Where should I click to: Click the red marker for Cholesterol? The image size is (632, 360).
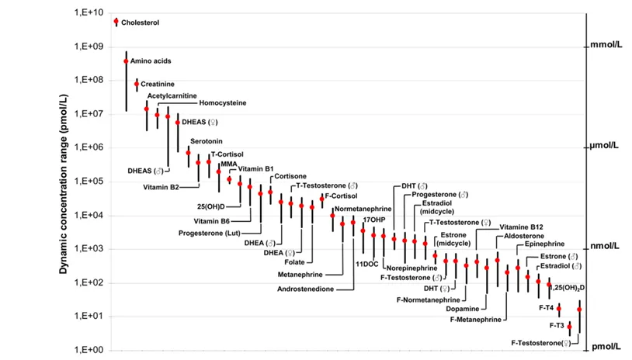[x=116, y=22]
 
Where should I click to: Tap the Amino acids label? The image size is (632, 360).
[x=151, y=61]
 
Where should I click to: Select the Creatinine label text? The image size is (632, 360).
[x=158, y=83]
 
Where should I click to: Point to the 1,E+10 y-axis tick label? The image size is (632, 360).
[x=89, y=13]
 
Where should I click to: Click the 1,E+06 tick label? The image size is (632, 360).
[x=89, y=147]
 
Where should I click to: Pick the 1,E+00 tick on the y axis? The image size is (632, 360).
[x=89, y=350]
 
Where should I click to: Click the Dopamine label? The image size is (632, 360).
[x=444, y=308]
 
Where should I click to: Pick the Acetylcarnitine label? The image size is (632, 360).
[x=172, y=95]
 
